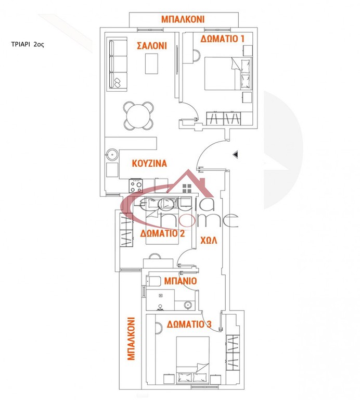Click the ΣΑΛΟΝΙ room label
152,46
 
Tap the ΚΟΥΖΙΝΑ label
149,163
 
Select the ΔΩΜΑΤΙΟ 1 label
223,39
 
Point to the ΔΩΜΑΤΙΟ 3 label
189,324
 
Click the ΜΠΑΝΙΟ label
181,281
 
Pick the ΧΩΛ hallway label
209,240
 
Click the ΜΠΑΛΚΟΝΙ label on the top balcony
183,19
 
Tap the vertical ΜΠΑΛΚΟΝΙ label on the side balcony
131,339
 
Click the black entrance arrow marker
236,154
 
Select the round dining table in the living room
138,116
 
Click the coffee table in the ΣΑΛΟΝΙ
151,64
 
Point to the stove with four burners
136,185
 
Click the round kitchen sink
112,154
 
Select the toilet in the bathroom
153,281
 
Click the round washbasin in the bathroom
188,305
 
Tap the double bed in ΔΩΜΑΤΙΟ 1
228,73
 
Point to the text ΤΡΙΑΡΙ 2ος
28,44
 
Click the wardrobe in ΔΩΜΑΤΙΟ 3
233,353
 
